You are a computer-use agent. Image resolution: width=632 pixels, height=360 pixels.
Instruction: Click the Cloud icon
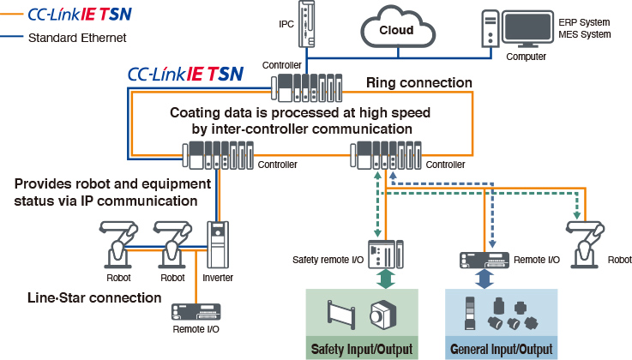point(396,30)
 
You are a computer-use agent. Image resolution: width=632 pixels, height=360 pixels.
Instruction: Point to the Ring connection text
point(418,83)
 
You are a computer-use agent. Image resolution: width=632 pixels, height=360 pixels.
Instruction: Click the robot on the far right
point(586,240)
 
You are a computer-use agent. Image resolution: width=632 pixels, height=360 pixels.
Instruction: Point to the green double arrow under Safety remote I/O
point(387,279)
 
